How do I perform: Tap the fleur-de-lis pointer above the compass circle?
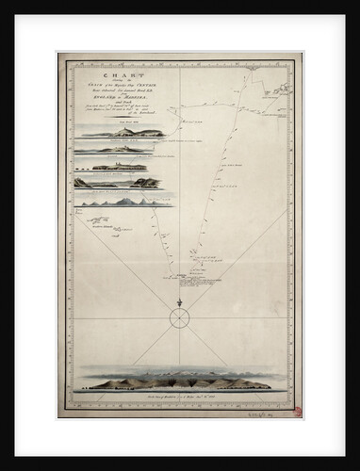pyautogui.click(x=179, y=302)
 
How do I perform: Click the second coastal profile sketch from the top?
pyautogui.click(x=118, y=149)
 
